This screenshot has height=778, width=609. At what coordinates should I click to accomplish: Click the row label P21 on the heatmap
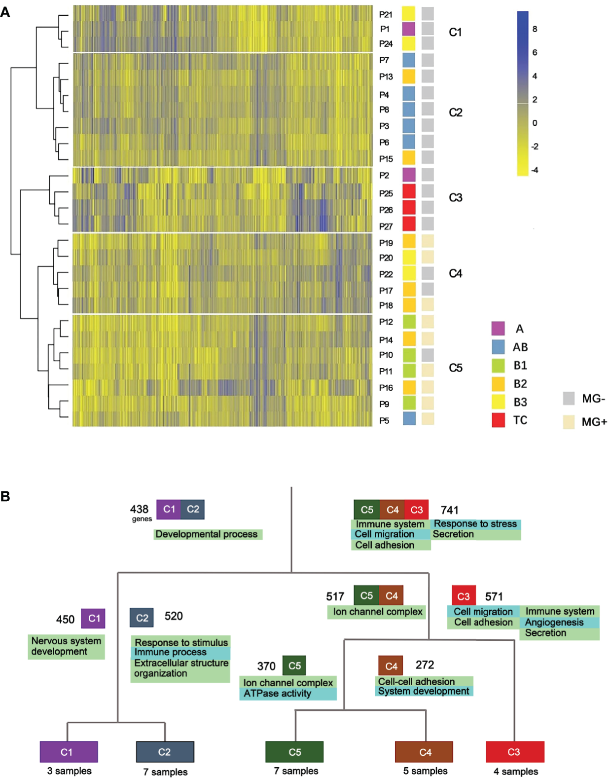pyautogui.click(x=386, y=15)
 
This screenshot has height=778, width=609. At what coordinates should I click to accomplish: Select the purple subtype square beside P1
pyautogui.click(x=408, y=29)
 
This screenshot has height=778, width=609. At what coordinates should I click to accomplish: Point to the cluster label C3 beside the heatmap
pyautogui.click(x=455, y=198)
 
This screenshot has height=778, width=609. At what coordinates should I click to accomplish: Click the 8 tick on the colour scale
pyautogui.click(x=535, y=29)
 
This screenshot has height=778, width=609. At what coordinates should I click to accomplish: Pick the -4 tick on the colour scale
pyautogui.click(x=534, y=170)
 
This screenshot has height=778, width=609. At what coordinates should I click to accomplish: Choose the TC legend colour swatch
pyautogui.click(x=498, y=420)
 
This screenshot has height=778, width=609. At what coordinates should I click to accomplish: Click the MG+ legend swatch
pyautogui.click(x=569, y=422)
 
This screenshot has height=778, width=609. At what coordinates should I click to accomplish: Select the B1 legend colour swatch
pyautogui.click(x=498, y=366)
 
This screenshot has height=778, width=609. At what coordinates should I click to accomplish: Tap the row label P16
pyautogui.click(x=386, y=388)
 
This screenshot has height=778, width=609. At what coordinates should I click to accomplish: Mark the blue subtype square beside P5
pyautogui.click(x=409, y=419)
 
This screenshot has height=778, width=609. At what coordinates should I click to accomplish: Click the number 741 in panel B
pyautogui.click(x=450, y=510)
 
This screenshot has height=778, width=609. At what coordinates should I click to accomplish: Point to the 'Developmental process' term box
pyautogui.click(x=207, y=534)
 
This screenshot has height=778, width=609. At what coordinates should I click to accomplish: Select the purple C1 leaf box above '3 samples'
pyautogui.click(x=69, y=752)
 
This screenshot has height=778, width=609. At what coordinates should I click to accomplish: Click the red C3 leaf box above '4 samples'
pyautogui.click(x=515, y=752)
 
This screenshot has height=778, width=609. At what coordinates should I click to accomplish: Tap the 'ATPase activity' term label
pyautogui.click(x=278, y=694)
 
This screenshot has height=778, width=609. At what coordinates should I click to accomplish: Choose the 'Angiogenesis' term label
pyautogui.click(x=554, y=623)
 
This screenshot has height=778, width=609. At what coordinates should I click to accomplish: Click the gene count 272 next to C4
pyautogui.click(x=425, y=665)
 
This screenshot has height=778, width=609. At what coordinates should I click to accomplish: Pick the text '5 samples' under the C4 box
pyautogui.click(x=425, y=771)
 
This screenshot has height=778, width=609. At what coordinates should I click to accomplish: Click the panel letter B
pyautogui.click(x=5, y=496)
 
